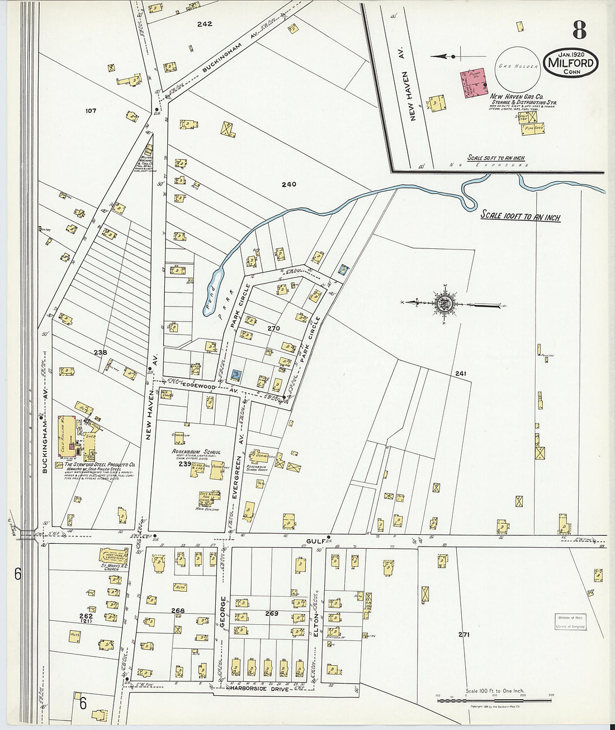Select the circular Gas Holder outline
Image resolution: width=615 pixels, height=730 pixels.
(518, 66)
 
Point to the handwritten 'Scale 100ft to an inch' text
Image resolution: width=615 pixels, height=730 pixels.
(521, 216)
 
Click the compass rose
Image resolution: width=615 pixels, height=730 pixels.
(445, 304)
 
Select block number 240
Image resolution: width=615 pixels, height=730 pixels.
(289, 185)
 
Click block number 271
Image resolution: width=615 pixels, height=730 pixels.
(463, 634)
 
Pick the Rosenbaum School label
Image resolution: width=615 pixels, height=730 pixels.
(196, 452)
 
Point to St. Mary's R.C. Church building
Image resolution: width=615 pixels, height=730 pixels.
(113, 556)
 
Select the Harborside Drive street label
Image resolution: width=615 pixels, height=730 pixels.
(258, 689)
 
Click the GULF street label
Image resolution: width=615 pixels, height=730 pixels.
(316, 541)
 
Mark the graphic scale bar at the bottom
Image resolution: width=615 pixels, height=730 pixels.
(494, 700)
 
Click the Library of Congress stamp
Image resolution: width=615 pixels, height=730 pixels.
(571, 622)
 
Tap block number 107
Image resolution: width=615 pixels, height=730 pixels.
(91, 111)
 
